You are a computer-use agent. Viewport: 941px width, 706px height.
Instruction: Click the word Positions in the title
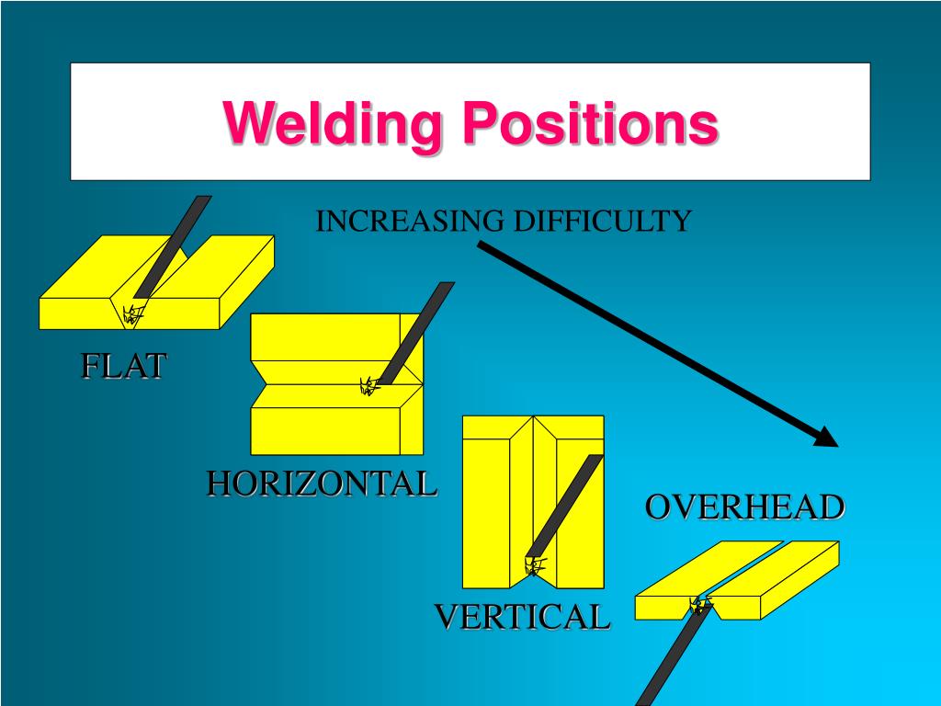[589, 123]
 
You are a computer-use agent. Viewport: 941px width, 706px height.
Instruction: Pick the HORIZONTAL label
[321, 484]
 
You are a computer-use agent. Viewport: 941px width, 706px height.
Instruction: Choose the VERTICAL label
[522, 617]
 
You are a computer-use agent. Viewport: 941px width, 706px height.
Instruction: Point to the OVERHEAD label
[744, 507]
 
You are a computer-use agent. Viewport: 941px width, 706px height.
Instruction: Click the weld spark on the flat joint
[133, 315]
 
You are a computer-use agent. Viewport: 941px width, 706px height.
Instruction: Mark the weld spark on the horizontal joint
[370, 386]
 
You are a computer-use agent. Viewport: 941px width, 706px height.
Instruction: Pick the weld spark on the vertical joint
[534, 566]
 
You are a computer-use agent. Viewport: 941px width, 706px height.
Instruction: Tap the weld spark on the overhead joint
[700, 606]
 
